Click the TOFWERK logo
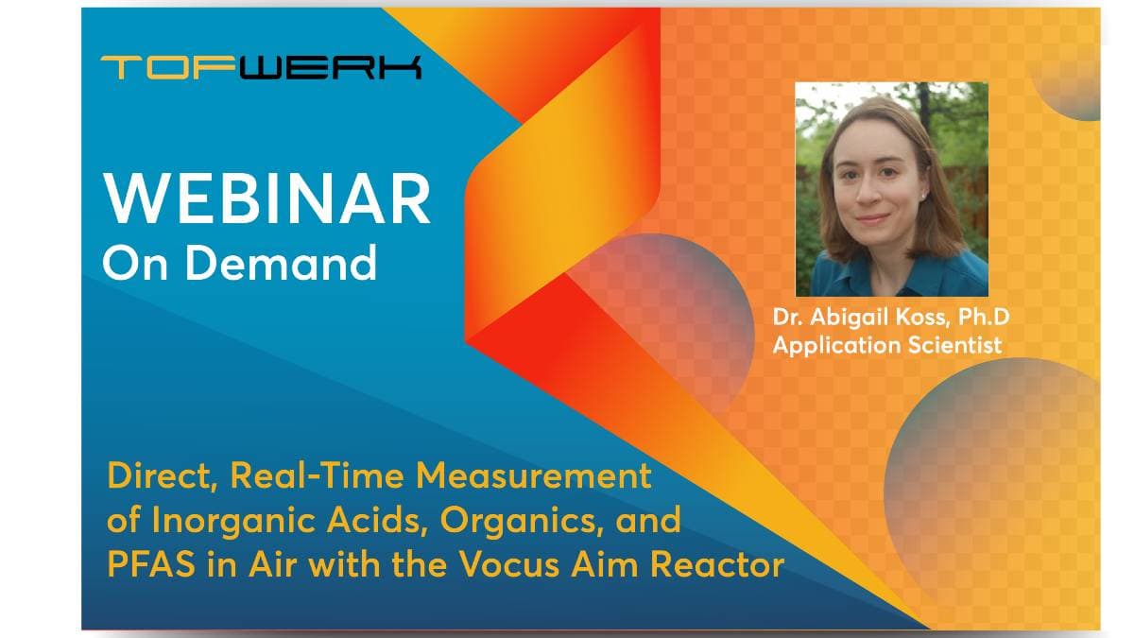click(261, 68)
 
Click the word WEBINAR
click(266, 198)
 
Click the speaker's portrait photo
click(891, 189)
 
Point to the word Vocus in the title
click(507, 565)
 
